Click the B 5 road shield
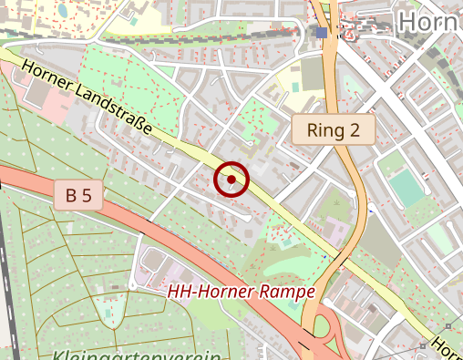point(78,194)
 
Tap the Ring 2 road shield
point(334,129)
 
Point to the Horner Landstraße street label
point(87,96)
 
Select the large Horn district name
point(429,21)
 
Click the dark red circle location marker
point(231,180)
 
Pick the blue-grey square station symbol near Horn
point(322,33)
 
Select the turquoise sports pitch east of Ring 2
point(406,189)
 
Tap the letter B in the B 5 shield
point(70,194)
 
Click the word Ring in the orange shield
point(324,129)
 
